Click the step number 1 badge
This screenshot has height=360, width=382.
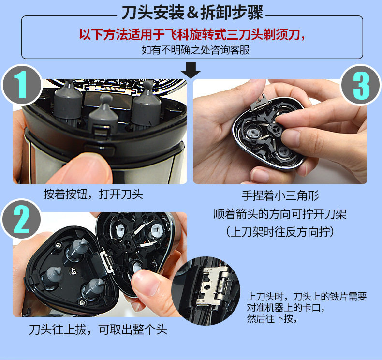click(21, 85)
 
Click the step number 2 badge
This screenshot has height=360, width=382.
click(21, 219)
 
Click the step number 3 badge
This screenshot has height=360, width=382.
click(361, 85)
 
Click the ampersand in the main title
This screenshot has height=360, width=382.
click(192, 13)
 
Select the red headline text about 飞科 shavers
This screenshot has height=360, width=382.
click(192, 34)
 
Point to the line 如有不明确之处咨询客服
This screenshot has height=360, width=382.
click(195, 50)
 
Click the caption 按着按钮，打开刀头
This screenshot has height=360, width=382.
click(93, 195)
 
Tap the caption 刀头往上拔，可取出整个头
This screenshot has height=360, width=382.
click(98, 330)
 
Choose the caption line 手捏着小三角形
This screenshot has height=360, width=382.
click(280, 195)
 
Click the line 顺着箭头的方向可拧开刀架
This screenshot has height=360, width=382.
click(280, 214)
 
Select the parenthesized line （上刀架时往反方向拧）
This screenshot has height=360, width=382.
click(280, 232)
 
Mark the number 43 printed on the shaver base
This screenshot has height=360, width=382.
click(73, 271)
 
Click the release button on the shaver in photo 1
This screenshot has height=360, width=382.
click(100, 148)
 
